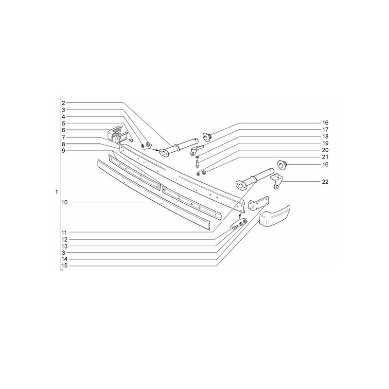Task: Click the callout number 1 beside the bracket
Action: coord(56,192)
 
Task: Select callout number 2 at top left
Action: coord(63,103)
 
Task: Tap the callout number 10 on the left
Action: coord(64,202)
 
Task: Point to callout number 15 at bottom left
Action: coord(64,265)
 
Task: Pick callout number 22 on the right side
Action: coord(325,182)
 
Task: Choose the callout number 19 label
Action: coord(325,143)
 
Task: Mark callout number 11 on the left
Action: coord(64,233)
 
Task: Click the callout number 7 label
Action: coord(63,138)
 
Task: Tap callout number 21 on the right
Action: coord(325,157)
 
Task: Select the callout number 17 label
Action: coord(325,129)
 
